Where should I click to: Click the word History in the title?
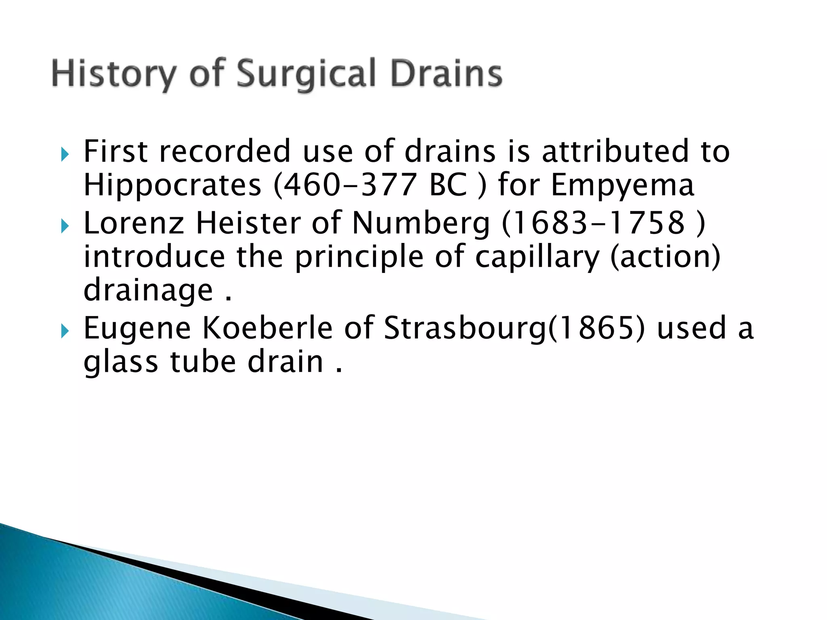pyautogui.click(x=114, y=74)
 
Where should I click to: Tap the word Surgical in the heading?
pyautogui.click(x=306, y=74)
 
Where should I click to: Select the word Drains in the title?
pyautogui.click(x=447, y=74)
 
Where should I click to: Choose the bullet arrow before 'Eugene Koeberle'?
pyautogui.click(x=65, y=332)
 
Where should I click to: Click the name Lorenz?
pyautogui.click(x=134, y=223)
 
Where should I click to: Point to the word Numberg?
pyautogui.click(x=421, y=223)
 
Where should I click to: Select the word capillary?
pyautogui.click(x=537, y=257)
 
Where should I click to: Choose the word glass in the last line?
pyautogui.click(x=121, y=362)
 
